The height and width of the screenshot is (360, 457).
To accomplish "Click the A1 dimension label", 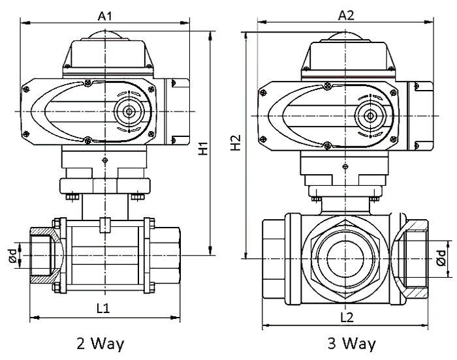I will (x=104, y=14).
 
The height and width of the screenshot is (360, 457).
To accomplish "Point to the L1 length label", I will (x=102, y=308).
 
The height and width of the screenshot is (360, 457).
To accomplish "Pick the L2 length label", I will (x=347, y=318).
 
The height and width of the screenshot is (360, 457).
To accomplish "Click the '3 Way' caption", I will (x=353, y=343).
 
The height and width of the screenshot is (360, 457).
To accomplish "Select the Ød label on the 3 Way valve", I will (x=442, y=258).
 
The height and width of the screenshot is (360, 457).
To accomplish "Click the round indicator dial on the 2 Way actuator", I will (x=129, y=112).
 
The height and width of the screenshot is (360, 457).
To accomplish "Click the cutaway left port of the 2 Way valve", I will (x=46, y=254).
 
